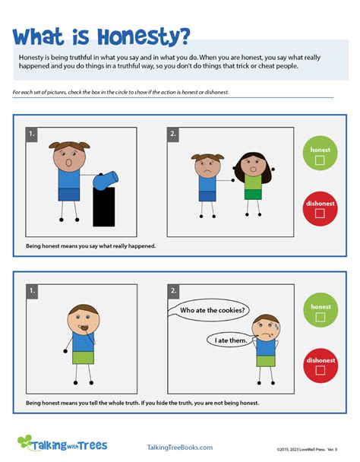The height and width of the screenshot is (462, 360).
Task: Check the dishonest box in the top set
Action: click(x=320, y=214)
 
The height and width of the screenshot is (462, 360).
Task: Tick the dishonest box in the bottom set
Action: click(x=320, y=371)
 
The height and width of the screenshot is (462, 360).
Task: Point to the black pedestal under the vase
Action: click(x=103, y=208)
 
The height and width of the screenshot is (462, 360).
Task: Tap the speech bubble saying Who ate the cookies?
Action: click(x=213, y=309)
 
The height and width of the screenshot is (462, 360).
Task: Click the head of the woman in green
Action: click(x=251, y=165)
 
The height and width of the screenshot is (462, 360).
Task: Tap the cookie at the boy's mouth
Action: click(x=85, y=329)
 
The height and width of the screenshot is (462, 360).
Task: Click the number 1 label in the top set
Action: click(x=33, y=134)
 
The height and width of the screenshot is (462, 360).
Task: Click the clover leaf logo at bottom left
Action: click(x=25, y=443)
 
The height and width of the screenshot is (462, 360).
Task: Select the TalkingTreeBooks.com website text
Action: click(x=179, y=448)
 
